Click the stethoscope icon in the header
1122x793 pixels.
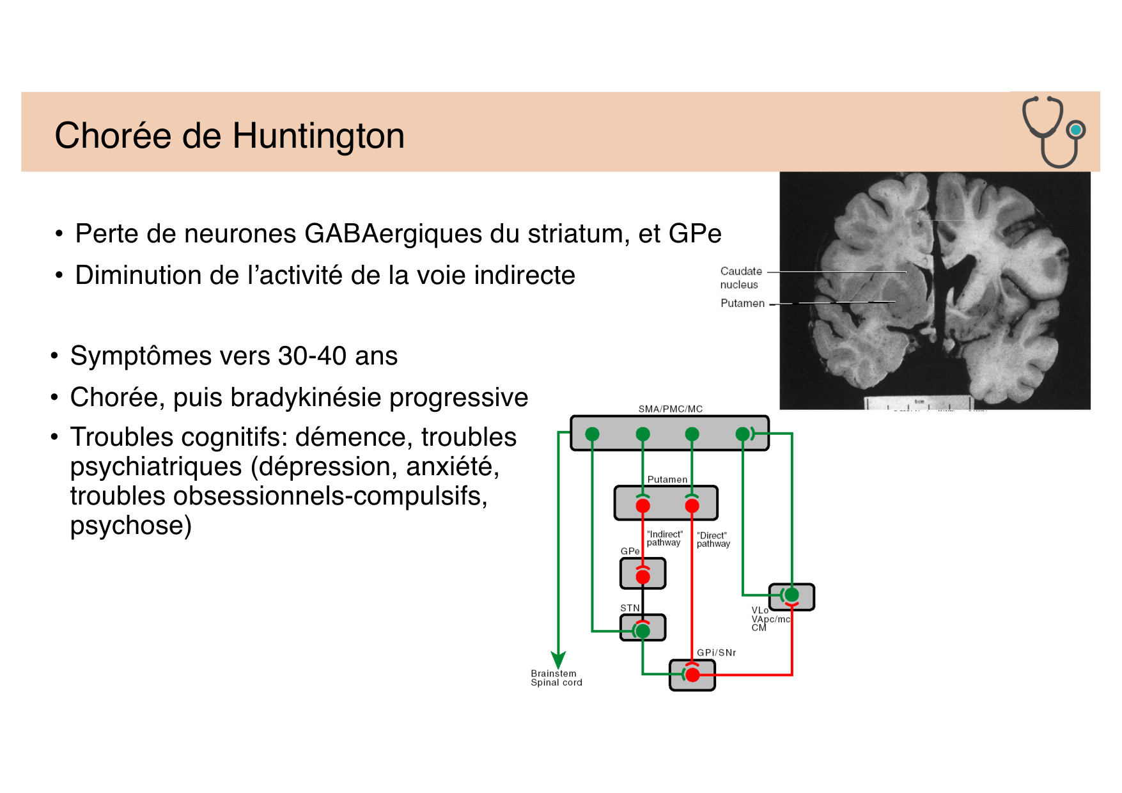pos(1053,131)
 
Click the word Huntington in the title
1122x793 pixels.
pos(318,136)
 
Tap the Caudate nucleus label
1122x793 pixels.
pos(740,278)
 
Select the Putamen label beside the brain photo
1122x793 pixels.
pos(742,303)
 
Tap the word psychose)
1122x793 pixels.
pos(130,526)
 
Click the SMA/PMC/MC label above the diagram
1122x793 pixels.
pos(670,409)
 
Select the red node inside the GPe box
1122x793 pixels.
pos(643,577)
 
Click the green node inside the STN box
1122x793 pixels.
pos(643,631)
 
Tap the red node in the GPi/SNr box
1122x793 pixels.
pos(692,675)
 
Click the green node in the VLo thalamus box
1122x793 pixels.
pos(791,595)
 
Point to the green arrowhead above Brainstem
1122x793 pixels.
pos(558,659)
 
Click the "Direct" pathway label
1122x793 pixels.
pos(713,540)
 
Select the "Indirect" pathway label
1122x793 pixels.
pos(664,538)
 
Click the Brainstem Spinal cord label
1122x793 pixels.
pos(556,678)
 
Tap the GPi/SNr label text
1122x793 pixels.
pos(716,653)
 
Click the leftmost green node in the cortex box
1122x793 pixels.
pos(592,434)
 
